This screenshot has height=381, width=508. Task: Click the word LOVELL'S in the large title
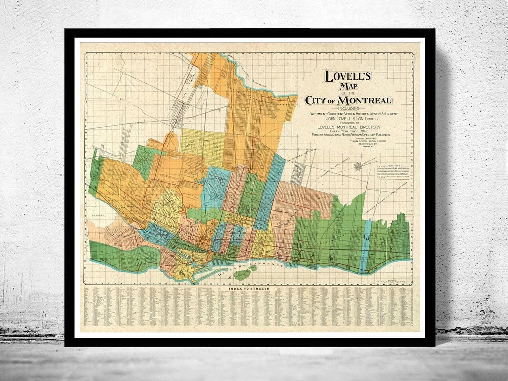pyautogui.click(x=348, y=77)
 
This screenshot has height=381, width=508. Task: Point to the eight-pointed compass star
pyautogui.click(x=357, y=166)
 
